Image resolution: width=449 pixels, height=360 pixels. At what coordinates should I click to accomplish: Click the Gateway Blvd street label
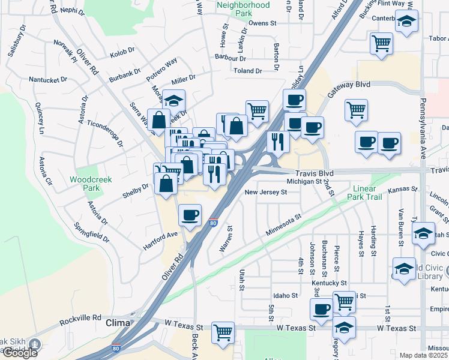pos(349,86)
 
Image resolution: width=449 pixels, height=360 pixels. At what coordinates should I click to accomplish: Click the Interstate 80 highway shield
pos(214,223)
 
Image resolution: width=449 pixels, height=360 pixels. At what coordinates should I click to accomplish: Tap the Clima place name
pos(118,323)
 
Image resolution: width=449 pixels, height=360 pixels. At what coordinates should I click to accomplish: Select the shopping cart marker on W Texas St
pos(223,332)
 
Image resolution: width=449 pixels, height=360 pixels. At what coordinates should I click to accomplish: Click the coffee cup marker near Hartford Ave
pos(190,215)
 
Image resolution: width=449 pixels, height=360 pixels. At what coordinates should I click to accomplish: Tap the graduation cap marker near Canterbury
pos(407,24)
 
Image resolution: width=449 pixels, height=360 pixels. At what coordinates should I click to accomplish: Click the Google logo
pos(19,353)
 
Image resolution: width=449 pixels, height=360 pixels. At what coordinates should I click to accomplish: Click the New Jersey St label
pos(267,193)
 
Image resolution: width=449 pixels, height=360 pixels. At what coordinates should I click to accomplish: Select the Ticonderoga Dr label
pos(104,130)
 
